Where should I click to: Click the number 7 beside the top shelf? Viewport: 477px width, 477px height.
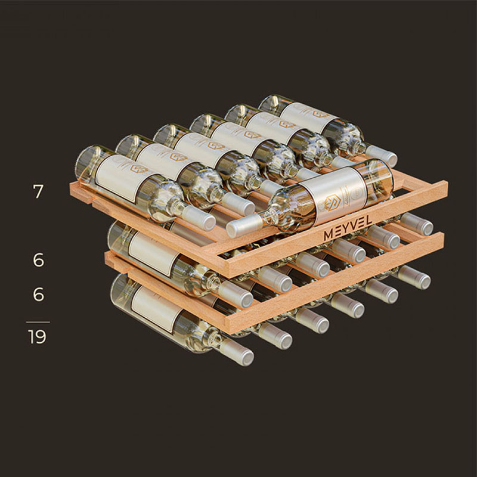[x=38, y=191]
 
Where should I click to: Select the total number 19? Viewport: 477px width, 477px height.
[x=37, y=336]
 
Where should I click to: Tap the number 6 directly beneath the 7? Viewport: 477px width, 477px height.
[x=39, y=260]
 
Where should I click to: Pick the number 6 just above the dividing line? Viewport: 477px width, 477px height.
[x=39, y=295]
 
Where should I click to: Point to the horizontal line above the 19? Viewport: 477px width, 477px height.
[x=38, y=322]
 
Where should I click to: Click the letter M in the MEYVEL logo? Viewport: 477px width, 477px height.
[x=329, y=235]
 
